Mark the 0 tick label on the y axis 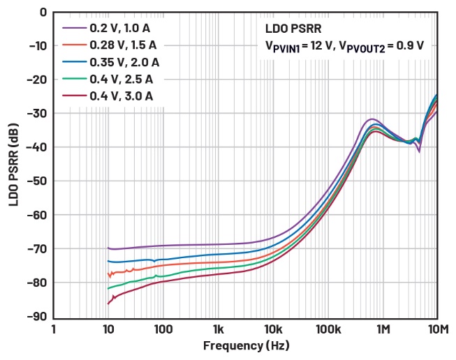coord(43,12)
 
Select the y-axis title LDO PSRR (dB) coord(15,165)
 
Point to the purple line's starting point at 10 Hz coord(108,248)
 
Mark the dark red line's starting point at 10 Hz coord(108,303)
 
